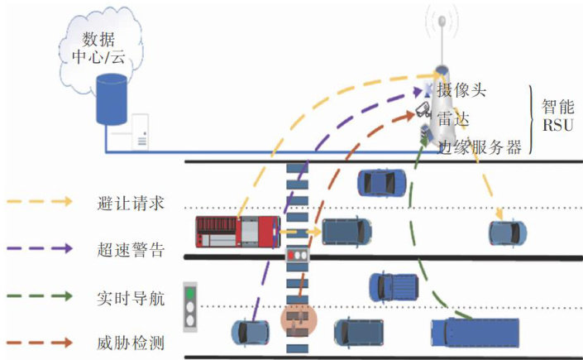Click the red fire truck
coord(238,232)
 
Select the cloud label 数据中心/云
coord(105,49)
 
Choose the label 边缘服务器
coord(480,146)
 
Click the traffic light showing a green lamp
coord(192,304)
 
